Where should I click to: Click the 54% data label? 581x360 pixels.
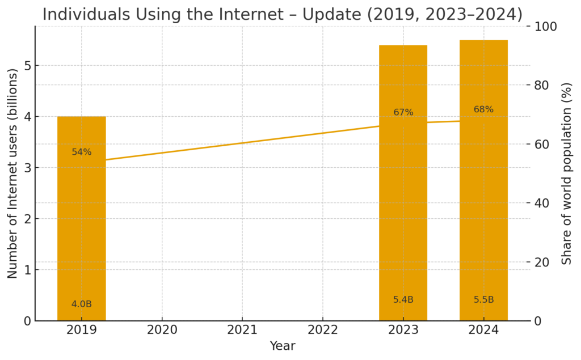[x=81, y=152]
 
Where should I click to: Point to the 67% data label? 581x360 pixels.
[x=403, y=112]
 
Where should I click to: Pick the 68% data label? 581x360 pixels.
[x=483, y=109]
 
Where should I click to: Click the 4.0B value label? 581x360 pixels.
[x=81, y=304]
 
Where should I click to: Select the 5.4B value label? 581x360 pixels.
[x=403, y=300]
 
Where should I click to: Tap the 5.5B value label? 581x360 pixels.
[x=483, y=300]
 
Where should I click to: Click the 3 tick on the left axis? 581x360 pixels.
[x=26, y=168]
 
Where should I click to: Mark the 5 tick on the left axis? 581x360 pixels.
[x=26, y=66]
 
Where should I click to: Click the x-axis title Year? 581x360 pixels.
[x=282, y=346]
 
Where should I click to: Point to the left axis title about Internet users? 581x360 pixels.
[x=12, y=173]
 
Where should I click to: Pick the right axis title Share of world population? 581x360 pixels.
[x=566, y=173]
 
